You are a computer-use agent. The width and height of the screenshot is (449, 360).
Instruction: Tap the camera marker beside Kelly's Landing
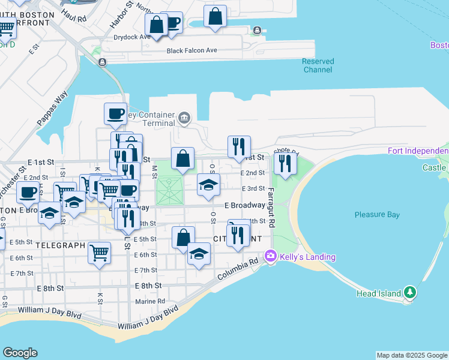tap(271, 256)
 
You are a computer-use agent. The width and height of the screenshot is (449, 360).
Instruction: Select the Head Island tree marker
tap(410, 292)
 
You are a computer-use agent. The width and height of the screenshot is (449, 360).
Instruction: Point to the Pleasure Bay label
tap(376, 214)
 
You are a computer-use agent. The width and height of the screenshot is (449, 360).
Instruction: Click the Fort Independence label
tap(418, 151)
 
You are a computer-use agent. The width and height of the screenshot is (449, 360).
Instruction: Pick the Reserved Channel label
tap(318, 65)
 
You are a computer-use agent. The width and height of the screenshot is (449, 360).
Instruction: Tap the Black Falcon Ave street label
tap(191, 50)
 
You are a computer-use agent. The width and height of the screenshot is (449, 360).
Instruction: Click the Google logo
tap(20, 353)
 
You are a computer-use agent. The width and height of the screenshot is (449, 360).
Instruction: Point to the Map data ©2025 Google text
tap(411, 355)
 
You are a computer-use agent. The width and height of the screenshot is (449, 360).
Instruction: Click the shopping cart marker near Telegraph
tap(99, 253)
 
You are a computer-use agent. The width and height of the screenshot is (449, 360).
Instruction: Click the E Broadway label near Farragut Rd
tap(245, 205)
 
